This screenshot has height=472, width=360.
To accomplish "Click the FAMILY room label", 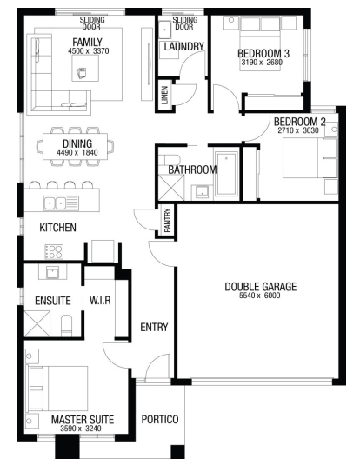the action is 87,42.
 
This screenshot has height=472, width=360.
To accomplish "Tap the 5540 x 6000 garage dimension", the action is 260,296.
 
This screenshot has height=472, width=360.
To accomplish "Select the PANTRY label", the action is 168,221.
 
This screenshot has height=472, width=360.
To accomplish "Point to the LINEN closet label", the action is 165,96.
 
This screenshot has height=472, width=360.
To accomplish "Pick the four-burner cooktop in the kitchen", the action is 54,252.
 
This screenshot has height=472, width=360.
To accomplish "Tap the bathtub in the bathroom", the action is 227,175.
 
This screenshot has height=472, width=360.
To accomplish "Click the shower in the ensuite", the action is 37,323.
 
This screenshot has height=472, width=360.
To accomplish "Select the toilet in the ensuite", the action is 67,325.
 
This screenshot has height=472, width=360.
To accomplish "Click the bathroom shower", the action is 171,187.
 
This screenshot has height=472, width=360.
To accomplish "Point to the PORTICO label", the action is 160,419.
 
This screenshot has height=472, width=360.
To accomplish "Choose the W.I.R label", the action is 100,300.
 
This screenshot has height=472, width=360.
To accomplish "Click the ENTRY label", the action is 154,327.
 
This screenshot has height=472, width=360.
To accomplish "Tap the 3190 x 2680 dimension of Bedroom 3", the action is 262,63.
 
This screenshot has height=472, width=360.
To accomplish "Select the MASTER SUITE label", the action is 83,420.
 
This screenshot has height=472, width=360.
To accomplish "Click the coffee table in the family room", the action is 85,68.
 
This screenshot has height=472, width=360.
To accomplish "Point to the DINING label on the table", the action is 77,143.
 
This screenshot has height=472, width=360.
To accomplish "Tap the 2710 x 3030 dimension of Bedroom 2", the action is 298,130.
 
